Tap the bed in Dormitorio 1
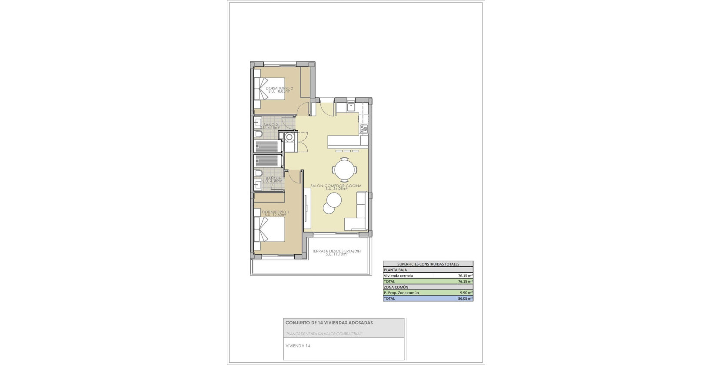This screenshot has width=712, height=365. (x=269, y=229)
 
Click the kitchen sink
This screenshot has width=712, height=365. (x=350, y=107)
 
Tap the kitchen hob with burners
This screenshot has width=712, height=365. (x=364, y=128)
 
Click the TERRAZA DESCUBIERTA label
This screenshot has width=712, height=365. (x=336, y=251)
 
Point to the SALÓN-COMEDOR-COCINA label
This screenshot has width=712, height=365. (x=336, y=186)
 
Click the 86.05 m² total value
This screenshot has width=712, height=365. (x=465, y=299)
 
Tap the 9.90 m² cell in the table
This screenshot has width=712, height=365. (x=466, y=293)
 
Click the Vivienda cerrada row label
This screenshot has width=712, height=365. (x=398, y=276)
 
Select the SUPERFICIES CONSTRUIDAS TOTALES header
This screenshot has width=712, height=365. (x=428, y=264)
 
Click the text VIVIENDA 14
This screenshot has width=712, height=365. (x=298, y=346)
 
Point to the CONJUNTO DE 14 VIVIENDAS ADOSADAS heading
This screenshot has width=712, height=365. (x=329, y=323)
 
